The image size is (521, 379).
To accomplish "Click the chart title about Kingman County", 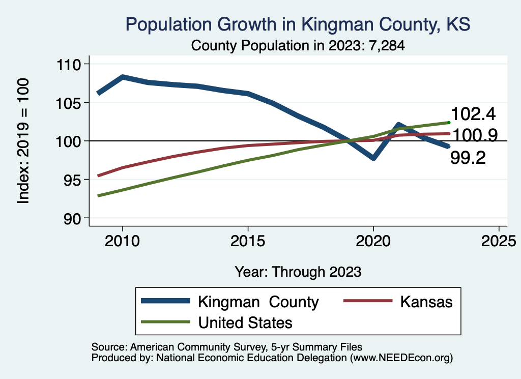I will (298, 24).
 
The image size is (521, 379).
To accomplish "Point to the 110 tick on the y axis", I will (70, 64).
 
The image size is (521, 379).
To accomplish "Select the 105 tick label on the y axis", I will (70, 103).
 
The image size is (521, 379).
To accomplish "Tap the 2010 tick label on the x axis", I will (122, 241).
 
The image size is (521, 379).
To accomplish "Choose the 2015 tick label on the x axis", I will (248, 241).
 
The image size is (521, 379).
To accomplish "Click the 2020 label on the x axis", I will (373, 241).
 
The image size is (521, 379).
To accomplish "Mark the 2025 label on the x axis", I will (499, 241).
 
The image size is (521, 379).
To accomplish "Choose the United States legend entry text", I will (245, 322).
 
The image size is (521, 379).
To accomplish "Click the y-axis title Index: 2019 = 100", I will (23, 141).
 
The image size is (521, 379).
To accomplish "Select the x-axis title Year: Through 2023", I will (298, 272).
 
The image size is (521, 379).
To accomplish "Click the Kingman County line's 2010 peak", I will (123, 77).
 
